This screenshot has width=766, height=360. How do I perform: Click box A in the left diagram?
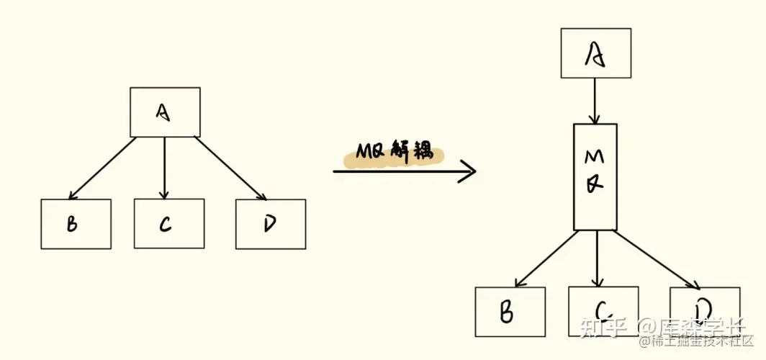coord(165,112)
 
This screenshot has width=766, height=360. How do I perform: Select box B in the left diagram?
coord(76,224)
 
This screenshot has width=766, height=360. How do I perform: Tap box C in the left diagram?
coord(168,224)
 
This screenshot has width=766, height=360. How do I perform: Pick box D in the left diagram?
coord(270,224)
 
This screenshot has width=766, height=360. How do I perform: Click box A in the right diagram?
coord(595,53)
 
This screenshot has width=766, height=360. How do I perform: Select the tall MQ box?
coord(595,177)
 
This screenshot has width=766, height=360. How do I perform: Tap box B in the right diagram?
coord(510,311)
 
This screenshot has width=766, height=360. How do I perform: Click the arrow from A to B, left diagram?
coord(102,168)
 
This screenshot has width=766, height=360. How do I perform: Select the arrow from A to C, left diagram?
coord(165,168)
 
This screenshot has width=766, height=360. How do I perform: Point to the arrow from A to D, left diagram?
coord(229,168)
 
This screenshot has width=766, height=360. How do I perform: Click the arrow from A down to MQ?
coord(595,101)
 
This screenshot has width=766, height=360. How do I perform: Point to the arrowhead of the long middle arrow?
coord(469,171)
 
